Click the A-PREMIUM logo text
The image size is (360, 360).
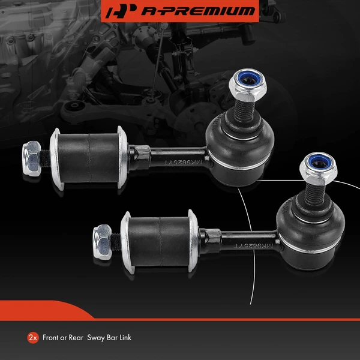pos(190,11)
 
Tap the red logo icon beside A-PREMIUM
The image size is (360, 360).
pos(118,11)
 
